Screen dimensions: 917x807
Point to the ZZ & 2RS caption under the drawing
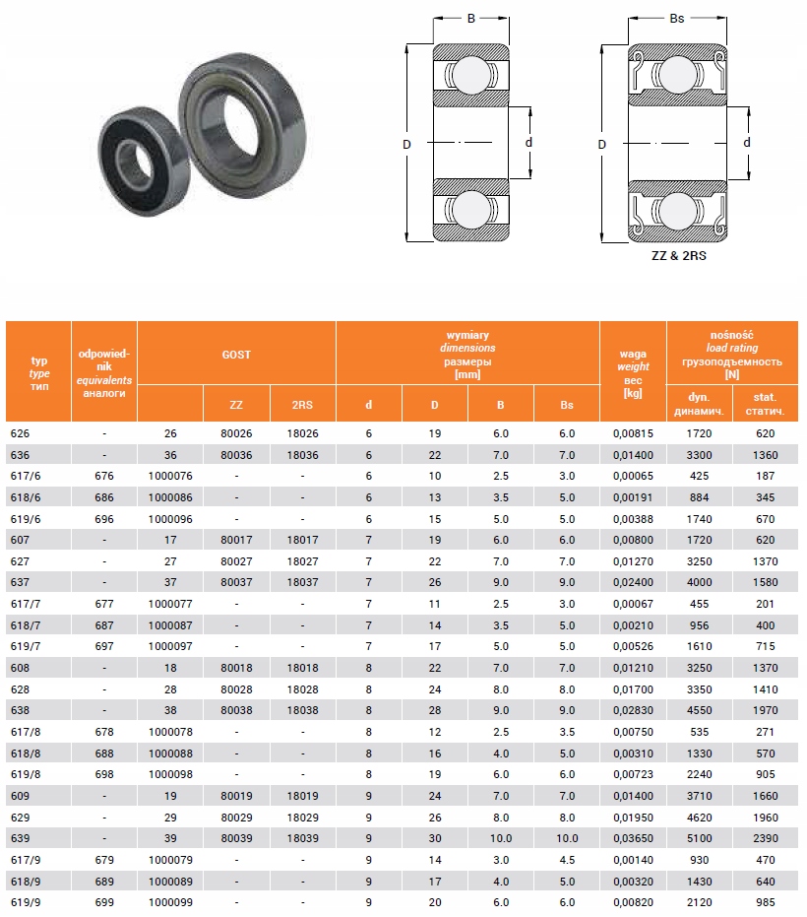[678, 255]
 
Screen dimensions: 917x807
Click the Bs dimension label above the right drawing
[676, 18]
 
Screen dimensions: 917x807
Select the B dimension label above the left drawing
[470, 18]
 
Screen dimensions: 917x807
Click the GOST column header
[236, 354]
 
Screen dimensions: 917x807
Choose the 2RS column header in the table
[303, 404]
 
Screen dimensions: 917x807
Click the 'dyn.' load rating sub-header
[699, 404]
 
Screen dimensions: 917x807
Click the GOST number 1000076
[170, 477]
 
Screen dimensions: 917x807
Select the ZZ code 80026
[236, 434]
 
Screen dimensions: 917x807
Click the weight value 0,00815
[633, 434]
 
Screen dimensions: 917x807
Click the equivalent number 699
[104, 901]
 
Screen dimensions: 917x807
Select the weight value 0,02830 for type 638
[633, 710]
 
